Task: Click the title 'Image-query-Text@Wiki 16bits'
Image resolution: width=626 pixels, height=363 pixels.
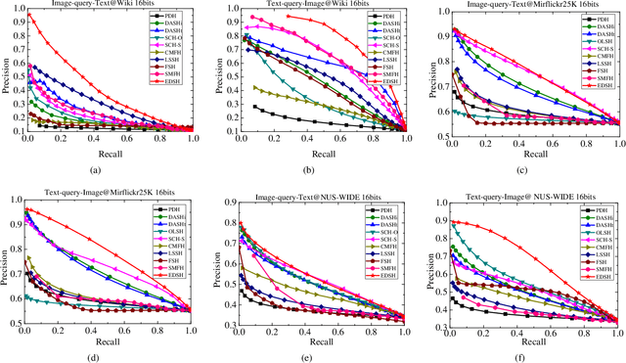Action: (x=110, y=5)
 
